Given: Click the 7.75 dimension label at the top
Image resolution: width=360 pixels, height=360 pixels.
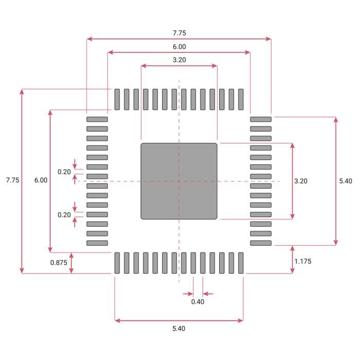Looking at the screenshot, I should tap(179, 32).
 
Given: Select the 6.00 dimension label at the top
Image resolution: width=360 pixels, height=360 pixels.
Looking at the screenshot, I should tap(179, 46).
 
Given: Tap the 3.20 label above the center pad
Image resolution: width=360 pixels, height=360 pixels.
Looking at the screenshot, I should tap(179, 60).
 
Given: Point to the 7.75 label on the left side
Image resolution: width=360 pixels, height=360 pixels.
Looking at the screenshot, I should tap(12, 181).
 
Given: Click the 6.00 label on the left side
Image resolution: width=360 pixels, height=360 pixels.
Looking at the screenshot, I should tap(41, 181).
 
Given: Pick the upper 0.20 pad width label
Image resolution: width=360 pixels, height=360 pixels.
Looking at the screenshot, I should tap(64, 172).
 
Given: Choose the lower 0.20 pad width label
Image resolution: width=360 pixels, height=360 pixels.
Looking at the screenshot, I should tap(64, 215).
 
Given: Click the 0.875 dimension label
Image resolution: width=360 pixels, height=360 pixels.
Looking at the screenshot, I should tap(59, 263).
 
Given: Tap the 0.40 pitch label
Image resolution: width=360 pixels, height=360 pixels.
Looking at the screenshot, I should tap(197, 302).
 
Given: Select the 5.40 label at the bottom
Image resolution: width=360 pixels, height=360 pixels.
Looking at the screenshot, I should tap(179, 329).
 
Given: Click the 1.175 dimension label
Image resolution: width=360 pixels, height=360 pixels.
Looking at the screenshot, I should tap(303, 261).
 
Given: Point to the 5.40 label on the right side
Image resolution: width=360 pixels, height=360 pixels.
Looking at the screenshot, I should tap(346, 181).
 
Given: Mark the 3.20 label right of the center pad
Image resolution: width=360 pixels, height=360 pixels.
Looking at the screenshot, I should tap(301, 181).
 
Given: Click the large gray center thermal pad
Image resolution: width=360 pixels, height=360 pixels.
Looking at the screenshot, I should tap(179, 181).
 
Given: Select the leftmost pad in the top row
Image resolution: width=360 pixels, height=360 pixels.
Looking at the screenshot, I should tap(117, 99).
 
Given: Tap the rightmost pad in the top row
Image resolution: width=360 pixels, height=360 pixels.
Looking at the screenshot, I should tap(241, 99).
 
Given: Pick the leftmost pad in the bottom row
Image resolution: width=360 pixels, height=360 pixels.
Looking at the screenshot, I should tap(117, 263).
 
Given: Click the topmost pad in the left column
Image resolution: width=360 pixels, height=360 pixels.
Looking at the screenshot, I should tap(97, 119).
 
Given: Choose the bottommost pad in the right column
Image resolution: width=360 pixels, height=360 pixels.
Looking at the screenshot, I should tap(260, 243).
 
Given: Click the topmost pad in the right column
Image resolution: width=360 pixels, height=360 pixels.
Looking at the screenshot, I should tap(260, 119).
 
